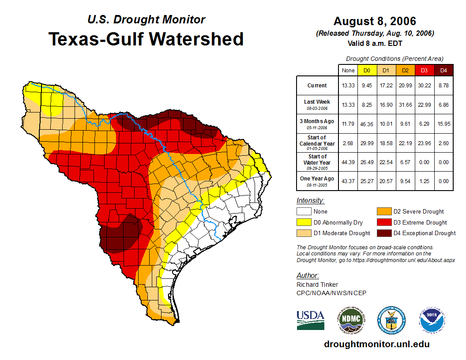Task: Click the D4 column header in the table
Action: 443,70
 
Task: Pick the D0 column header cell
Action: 367,70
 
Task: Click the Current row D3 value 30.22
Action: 424,86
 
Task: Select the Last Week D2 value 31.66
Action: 405,105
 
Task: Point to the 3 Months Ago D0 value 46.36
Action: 367,124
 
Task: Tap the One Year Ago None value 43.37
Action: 348,181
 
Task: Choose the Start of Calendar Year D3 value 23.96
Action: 424,143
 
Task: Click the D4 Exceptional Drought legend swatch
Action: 383,233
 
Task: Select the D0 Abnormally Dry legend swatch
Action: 304,222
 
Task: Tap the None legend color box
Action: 304,211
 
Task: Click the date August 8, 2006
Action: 374,21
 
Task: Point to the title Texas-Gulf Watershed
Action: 146,39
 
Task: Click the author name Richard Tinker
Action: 317,285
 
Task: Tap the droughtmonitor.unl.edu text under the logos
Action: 376,344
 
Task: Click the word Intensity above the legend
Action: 310,201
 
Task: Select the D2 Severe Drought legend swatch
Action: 383,211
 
